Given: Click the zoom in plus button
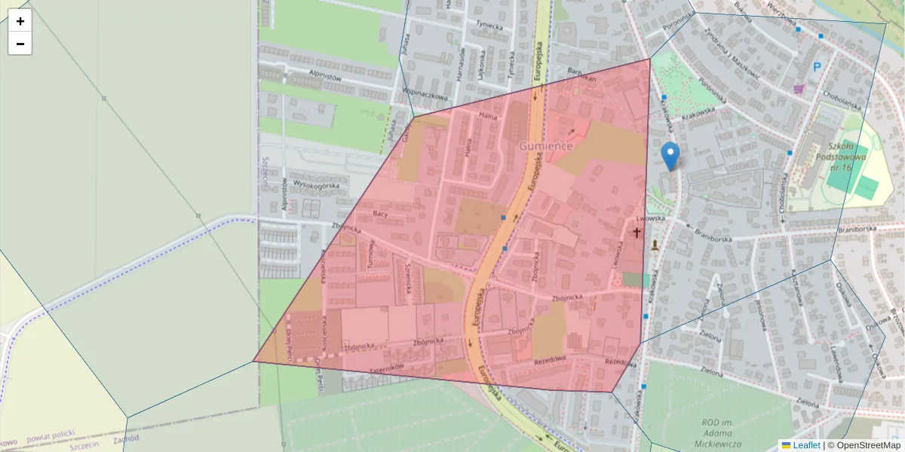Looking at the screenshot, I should (20, 21).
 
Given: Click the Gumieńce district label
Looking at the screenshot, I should (545, 145).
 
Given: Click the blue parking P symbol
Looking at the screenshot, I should (817, 68).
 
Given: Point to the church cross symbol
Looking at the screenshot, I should (637, 233).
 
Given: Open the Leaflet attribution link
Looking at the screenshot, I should (806, 445).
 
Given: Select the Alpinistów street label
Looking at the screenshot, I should (326, 77).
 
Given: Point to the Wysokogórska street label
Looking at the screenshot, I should (317, 185).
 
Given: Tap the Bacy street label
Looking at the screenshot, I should (380, 215).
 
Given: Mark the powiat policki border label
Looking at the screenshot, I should (52, 438).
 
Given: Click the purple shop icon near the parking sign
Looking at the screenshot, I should (799, 90).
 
